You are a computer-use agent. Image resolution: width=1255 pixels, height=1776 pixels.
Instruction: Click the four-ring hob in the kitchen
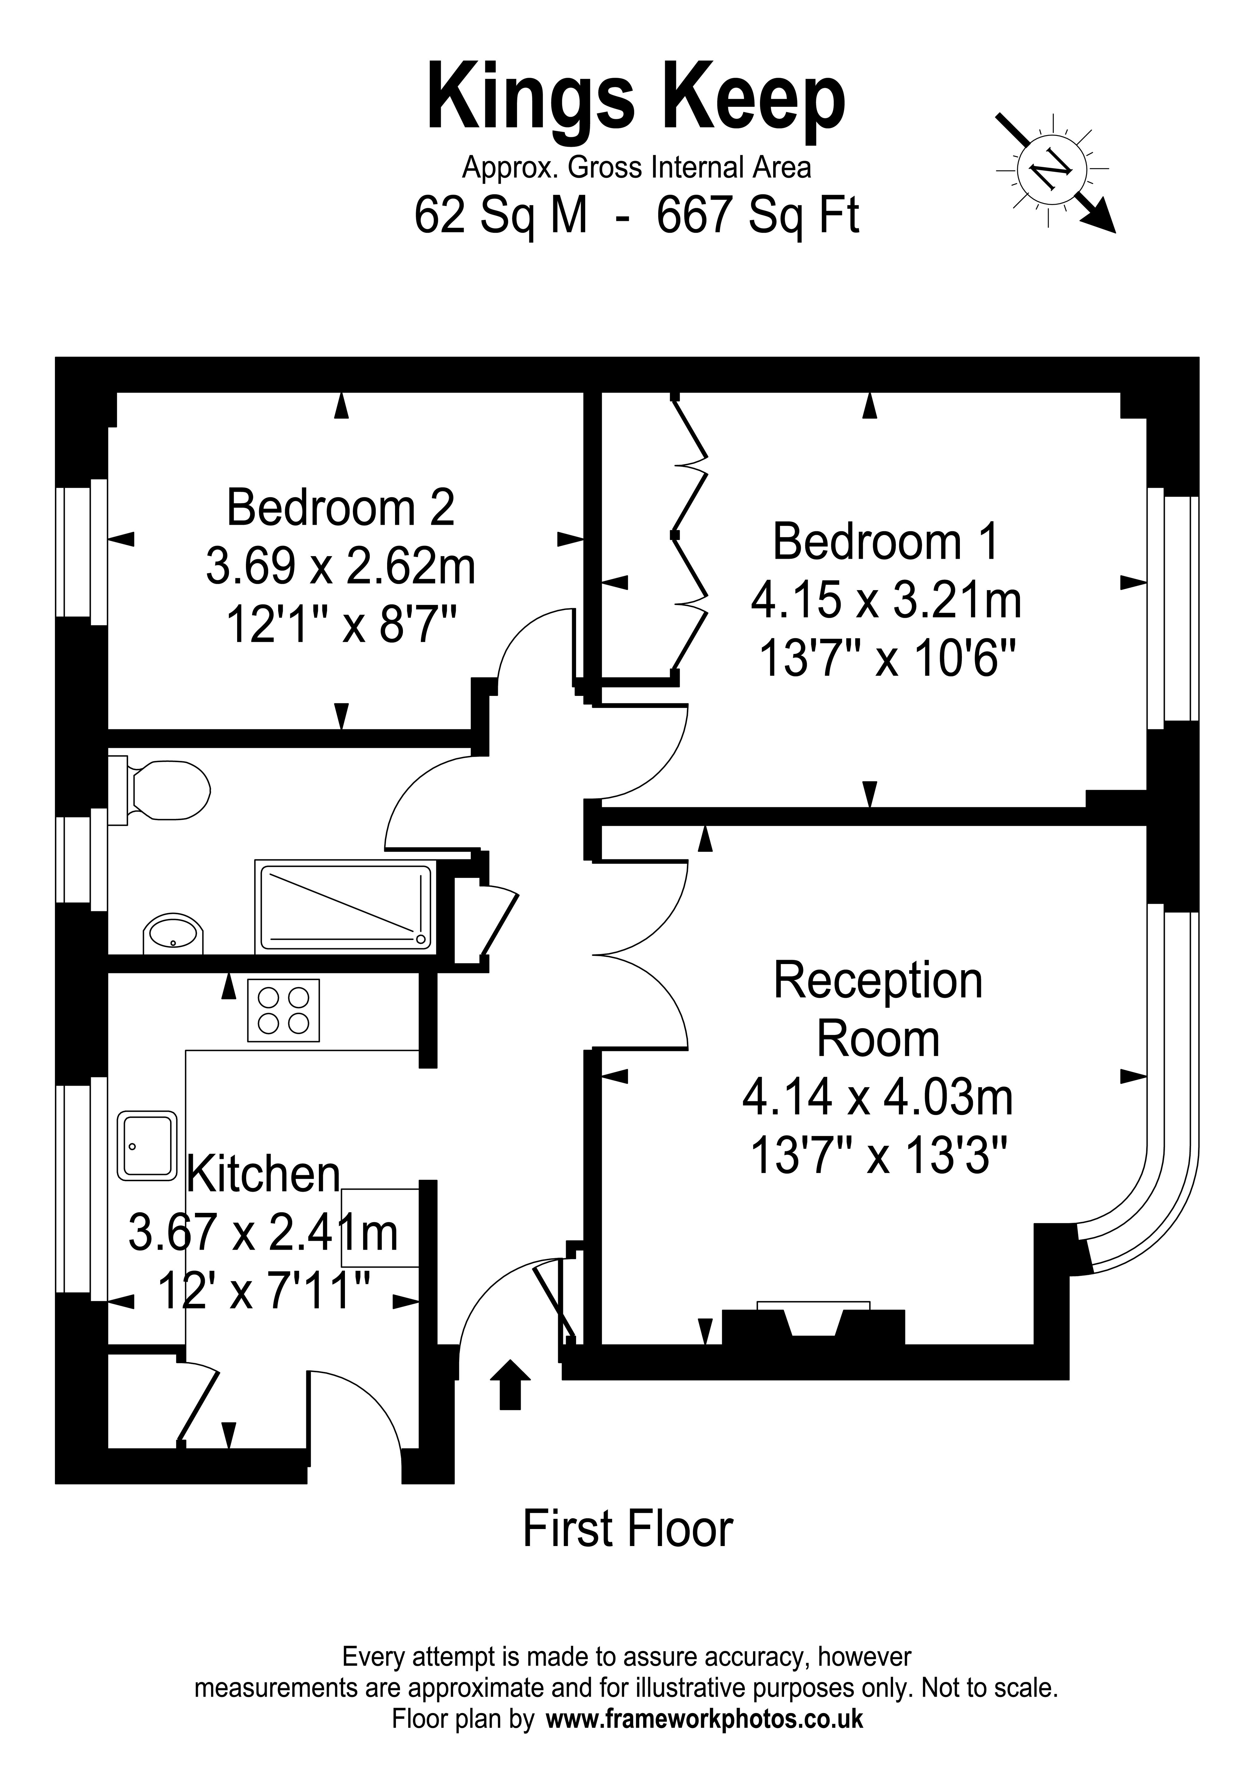point(283,1010)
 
